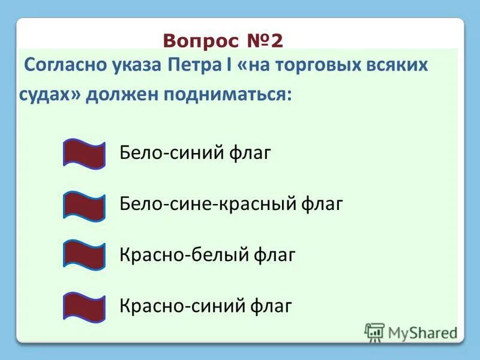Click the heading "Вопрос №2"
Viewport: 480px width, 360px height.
(x=223, y=40)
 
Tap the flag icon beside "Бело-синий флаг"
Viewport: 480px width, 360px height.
(x=84, y=154)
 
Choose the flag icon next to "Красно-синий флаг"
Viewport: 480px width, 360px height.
(x=84, y=306)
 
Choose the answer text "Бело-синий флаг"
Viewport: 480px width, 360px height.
(x=196, y=153)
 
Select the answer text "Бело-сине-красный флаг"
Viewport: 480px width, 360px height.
(x=231, y=204)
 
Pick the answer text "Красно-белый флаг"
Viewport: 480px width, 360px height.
(x=208, y=255)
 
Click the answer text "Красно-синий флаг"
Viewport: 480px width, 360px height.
(x=206, y=306)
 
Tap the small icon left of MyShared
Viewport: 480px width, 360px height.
(x=374, y=332)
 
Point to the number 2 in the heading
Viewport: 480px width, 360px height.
(x=275, y=40)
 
